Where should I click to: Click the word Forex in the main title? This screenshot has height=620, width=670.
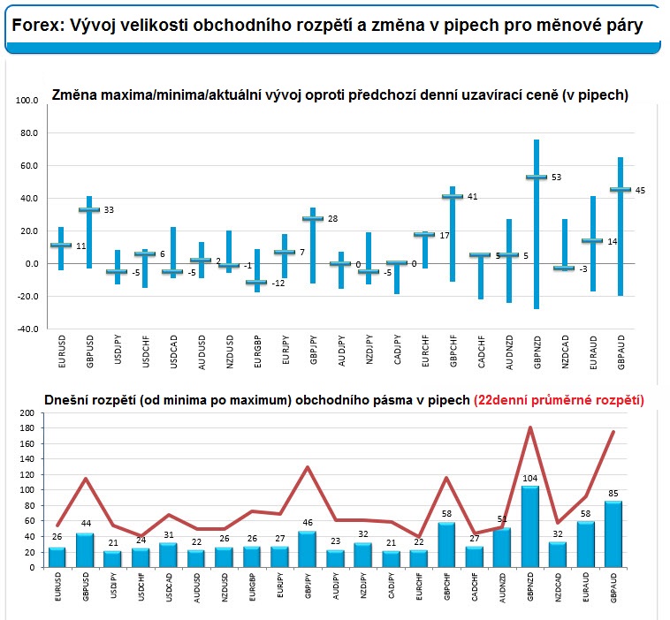click(x=38, y=26)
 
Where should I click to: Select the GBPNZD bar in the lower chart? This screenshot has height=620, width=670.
click(x=529, y=526)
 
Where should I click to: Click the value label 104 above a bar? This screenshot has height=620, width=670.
click(x=529, y=478)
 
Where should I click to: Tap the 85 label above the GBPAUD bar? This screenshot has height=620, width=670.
click(x=613, y=494)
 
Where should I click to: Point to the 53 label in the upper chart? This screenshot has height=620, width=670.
click(x=556, y=178)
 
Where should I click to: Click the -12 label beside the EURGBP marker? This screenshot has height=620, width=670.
click(x=278, y=284)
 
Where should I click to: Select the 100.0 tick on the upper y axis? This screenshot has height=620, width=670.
click(x=27, y=101)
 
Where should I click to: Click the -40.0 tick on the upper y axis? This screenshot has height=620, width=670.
click(x=27, y=329)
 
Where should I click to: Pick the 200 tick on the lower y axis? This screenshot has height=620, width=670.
click(x=27, y=413)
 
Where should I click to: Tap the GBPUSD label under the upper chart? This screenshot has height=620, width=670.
click(x=90, y=352)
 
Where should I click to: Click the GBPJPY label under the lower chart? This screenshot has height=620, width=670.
click(x=308, y=586)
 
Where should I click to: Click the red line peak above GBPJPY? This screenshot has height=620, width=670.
click(x=308, y=467)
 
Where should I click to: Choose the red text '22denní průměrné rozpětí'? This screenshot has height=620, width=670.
click(x=559, y=400)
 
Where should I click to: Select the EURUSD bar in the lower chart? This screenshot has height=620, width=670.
click(x=57, y=557)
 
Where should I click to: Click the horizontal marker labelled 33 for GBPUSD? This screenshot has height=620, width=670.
click(x=89, y=209)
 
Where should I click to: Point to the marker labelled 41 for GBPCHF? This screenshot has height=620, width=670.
click(x=453, y=196)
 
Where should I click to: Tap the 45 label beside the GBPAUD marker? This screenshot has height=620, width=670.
click(x=640, y=191)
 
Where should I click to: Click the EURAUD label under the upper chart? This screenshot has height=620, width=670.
click(x=593, y=352)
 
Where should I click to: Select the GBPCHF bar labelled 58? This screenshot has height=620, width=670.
click(x=446, y=545)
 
